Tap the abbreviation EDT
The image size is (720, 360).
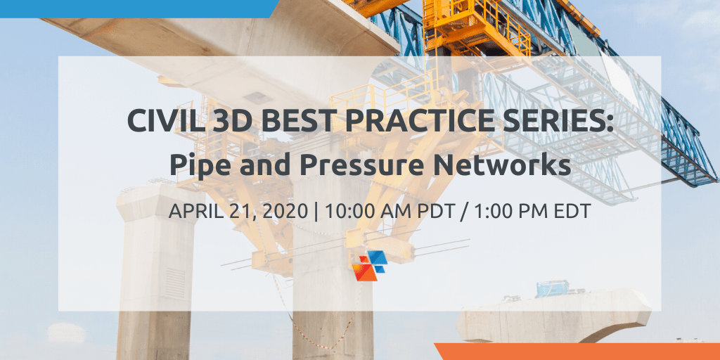pyautogui.click(x=571, y=211)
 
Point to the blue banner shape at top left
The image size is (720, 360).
pyautogui.click(x=138, y=8)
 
